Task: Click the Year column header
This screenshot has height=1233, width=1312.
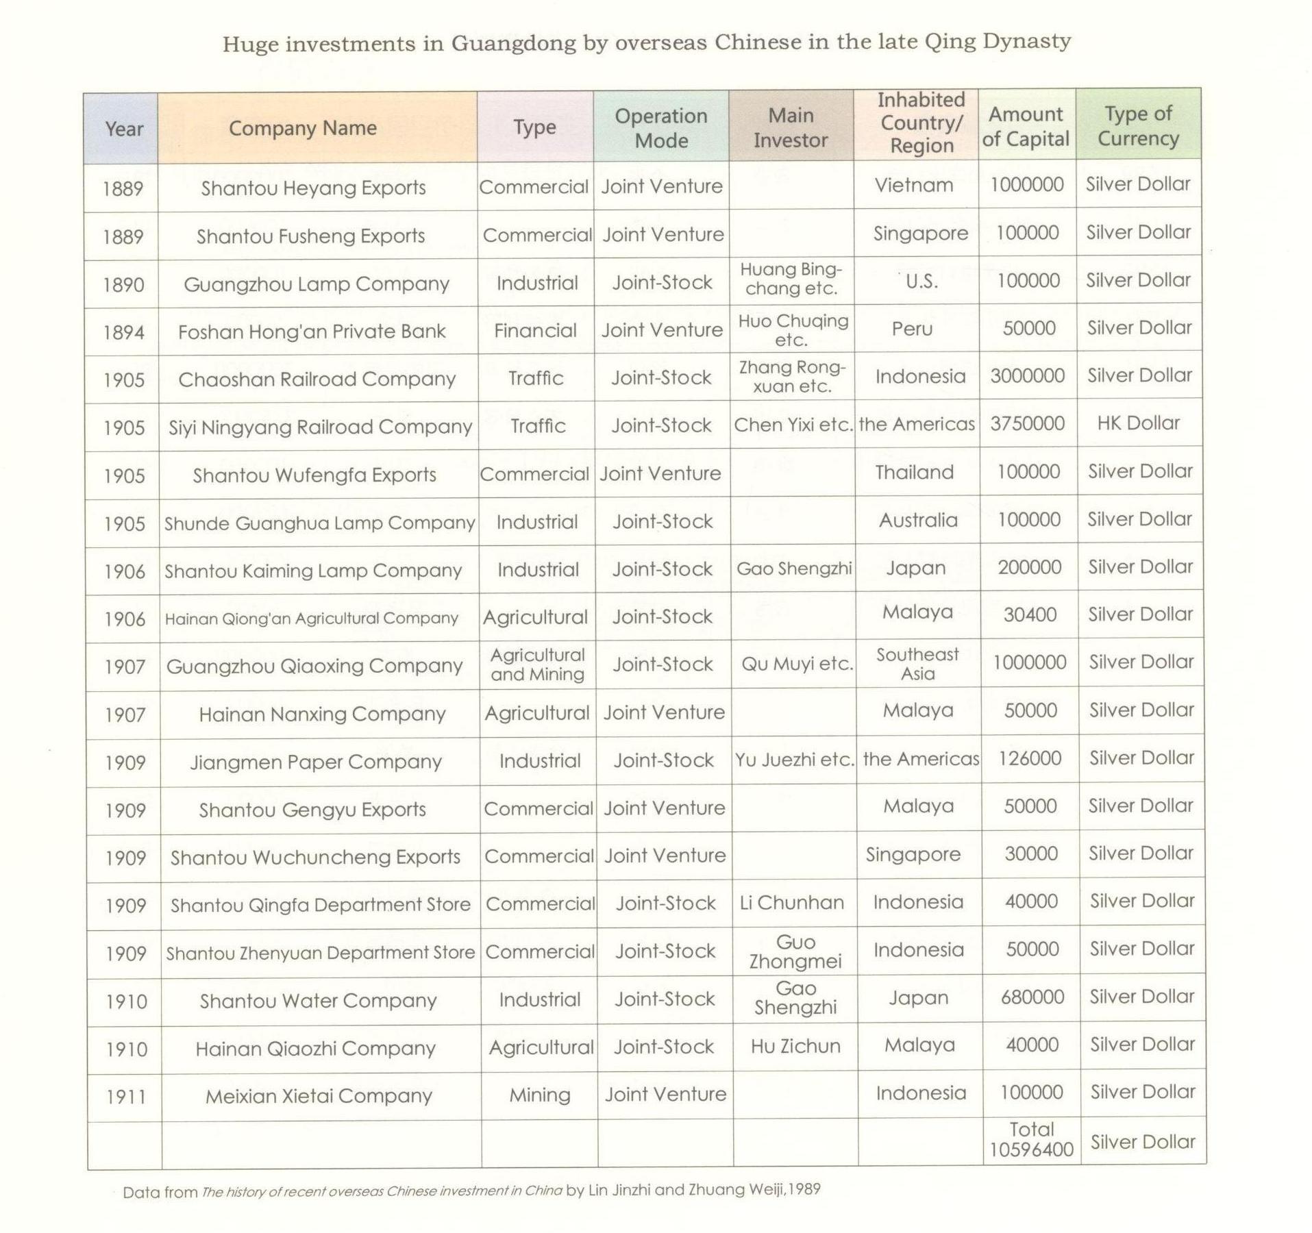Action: point(124,129)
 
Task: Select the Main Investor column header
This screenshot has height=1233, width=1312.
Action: point(791,127)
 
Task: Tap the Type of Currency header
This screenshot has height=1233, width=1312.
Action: point(1138,125)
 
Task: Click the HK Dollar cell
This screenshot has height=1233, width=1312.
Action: point(1138,423)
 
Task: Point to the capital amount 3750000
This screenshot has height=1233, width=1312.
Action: point(1027,423)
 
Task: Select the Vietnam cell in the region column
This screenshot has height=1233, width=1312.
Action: point(914,185)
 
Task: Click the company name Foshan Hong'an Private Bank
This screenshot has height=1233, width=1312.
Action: point(312,332)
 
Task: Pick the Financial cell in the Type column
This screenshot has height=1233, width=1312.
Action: point(535,331)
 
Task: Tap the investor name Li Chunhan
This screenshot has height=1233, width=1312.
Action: point(791,903)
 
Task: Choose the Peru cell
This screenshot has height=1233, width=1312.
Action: point(912,329)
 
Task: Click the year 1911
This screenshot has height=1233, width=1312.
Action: point(126,1097)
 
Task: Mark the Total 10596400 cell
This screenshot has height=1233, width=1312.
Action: point(1031,1139)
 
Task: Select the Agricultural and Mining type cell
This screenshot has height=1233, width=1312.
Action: point(537,664)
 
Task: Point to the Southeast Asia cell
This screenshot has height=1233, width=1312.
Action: point(917,664)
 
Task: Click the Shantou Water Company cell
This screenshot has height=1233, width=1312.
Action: point(318,1001)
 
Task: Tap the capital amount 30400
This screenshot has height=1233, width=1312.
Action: point(1030,615)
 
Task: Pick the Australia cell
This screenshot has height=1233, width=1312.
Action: point(918,520)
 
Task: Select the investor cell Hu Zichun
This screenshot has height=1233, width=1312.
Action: point(795,1046)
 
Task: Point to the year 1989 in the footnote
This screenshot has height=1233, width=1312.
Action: point(804,1189)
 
